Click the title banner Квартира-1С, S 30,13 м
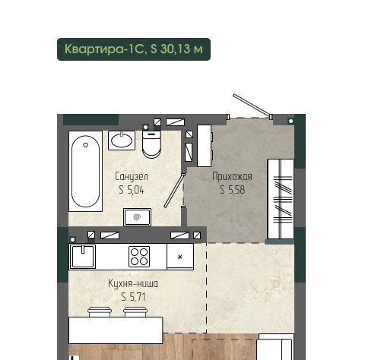134,49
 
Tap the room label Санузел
132,176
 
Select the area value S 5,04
132,190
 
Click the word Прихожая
232,176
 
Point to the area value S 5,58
232,190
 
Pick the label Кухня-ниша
133,283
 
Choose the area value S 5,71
133,297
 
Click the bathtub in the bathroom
85,171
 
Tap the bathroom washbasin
122,141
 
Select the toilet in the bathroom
151,144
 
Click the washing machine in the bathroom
137,217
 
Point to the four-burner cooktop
139,257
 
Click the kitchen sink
83,257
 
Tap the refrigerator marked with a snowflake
180,257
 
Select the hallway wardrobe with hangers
281,199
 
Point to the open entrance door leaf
252,106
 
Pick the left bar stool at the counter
100,312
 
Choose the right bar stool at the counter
135,312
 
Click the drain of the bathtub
86,145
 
